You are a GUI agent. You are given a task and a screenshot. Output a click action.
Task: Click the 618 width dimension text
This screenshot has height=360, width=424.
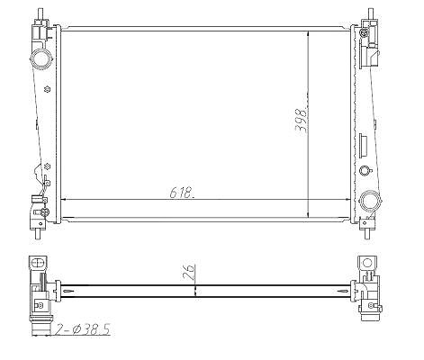coord(182,193)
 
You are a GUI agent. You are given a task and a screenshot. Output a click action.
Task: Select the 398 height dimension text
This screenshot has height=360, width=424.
coord(302,121)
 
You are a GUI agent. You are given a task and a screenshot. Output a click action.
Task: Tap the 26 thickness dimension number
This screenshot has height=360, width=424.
coord(190,273)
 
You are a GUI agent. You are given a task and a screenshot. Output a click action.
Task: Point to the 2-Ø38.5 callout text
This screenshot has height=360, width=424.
coord(82,329)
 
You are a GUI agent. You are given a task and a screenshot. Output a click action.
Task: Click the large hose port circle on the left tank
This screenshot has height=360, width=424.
coord(41,58)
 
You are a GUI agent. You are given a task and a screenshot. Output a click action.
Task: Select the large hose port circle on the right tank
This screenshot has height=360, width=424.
coord(370,200)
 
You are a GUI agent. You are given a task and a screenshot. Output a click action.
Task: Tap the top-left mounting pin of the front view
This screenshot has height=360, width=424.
coord(40,13)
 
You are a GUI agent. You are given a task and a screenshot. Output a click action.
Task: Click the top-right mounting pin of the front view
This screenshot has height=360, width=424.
coord(371,13)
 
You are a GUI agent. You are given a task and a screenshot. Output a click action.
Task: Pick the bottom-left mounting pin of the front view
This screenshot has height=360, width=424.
coord(38,234)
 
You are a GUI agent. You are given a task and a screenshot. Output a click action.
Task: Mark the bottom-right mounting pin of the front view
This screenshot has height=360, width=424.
coord(367,233)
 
